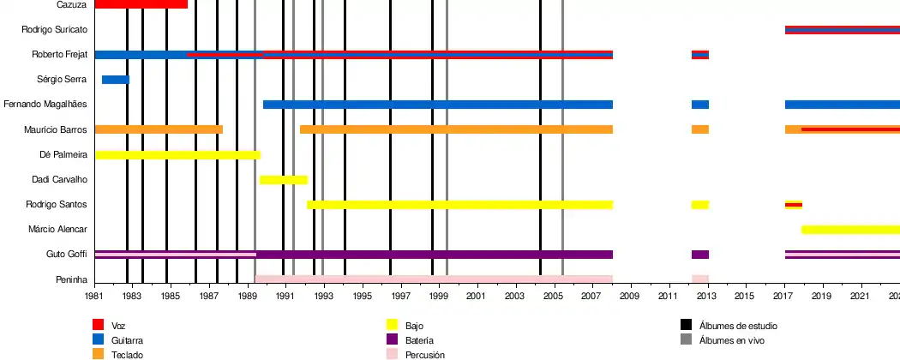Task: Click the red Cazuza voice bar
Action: [x=141, y=4]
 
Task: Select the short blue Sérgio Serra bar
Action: [x=115, y=80]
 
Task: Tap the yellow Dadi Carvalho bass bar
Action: [x=283, y=180]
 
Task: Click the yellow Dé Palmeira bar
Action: [x=177, y=155]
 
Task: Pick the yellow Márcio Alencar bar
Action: [x=849, y=230]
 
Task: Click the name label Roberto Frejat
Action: [x=60, y=55]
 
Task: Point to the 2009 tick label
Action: [x=630, y=296]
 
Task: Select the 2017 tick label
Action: [x=783, y=296]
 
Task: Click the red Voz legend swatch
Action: [x=98, y=326]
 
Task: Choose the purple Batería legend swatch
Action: [x=393, y=340]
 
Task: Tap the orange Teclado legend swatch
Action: [x=98, y=354]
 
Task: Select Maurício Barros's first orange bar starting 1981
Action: [x=158, y=129]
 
